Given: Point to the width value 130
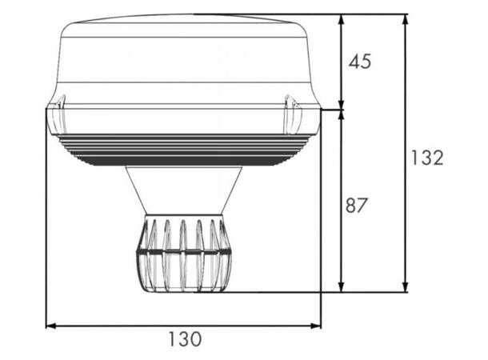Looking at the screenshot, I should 185,339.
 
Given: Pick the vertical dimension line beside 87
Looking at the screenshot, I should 342,240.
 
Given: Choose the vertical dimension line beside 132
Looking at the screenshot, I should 406,224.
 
